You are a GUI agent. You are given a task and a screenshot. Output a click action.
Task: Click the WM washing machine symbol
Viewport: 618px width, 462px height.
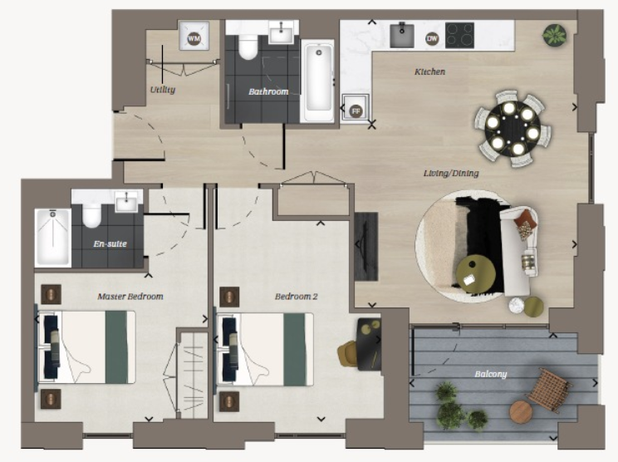click(x=194, y=39)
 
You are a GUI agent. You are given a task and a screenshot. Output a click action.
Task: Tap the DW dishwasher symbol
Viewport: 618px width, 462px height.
click(x=432, y=38)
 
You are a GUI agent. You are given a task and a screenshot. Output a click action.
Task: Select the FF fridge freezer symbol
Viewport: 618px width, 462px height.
click(x=356, y=110)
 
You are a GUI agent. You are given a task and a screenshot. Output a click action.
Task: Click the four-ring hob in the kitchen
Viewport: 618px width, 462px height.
click(x=459, y=35)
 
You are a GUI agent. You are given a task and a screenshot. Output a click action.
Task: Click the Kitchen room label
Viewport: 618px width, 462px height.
click(x=429, y=72)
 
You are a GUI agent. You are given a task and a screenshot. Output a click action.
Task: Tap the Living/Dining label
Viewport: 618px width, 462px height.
click(x=443, y=174)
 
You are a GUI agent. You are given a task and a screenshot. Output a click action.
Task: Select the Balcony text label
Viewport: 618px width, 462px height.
click(x=490, y=375)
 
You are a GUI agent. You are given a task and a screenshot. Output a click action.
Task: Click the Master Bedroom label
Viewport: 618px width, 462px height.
click(x=130, y=296)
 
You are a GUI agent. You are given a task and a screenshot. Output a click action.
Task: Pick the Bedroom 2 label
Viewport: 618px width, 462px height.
click(x=295, y=296)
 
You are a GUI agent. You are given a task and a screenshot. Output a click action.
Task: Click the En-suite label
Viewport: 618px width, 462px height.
click(x=110, y=245)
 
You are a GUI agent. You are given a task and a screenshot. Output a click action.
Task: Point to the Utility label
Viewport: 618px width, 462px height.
click(x=162, y=89)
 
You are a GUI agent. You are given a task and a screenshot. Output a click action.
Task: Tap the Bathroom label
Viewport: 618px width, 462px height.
click(x=268, y=91)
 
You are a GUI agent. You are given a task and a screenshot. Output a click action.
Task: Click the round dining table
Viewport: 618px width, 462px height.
click(x=508, y=129)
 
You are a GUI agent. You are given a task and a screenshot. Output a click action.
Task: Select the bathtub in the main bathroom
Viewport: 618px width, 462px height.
click(x=318, y=81)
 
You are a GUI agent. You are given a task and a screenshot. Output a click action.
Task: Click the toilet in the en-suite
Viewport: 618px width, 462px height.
click(x=91, y=215)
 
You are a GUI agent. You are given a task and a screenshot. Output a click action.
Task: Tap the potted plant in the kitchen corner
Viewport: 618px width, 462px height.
click(x=553, y=36)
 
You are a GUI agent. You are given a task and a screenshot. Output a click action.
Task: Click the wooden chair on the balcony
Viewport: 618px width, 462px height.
click(x=548, y=389)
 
